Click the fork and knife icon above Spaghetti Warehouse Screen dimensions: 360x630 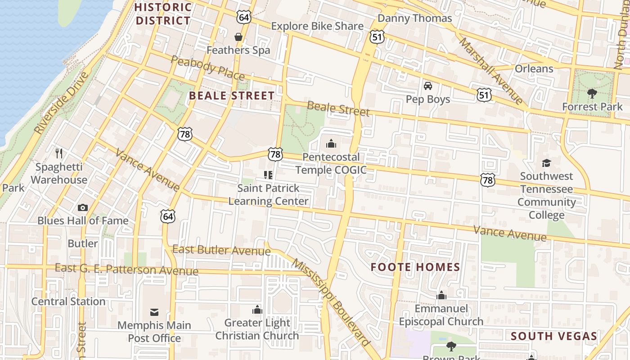59,153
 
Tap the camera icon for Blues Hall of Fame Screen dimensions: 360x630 83,207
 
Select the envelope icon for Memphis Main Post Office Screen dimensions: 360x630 154,312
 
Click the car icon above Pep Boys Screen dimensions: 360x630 427,86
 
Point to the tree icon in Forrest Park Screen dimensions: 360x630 592,94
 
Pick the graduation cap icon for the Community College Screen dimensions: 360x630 546,163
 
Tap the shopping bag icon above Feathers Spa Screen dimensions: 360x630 238,36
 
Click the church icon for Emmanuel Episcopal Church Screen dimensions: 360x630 441,296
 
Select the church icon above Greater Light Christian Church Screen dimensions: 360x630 257,310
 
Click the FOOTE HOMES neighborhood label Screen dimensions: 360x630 415,267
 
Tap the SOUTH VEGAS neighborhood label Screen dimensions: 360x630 554,336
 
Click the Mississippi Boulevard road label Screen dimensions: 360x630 331,302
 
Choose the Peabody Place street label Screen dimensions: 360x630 207,67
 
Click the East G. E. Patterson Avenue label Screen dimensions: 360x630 126,270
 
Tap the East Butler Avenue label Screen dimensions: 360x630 221,250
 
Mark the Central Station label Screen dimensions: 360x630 68,301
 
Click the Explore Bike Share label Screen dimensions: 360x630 317,26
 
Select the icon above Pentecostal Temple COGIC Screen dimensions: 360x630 331,144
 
